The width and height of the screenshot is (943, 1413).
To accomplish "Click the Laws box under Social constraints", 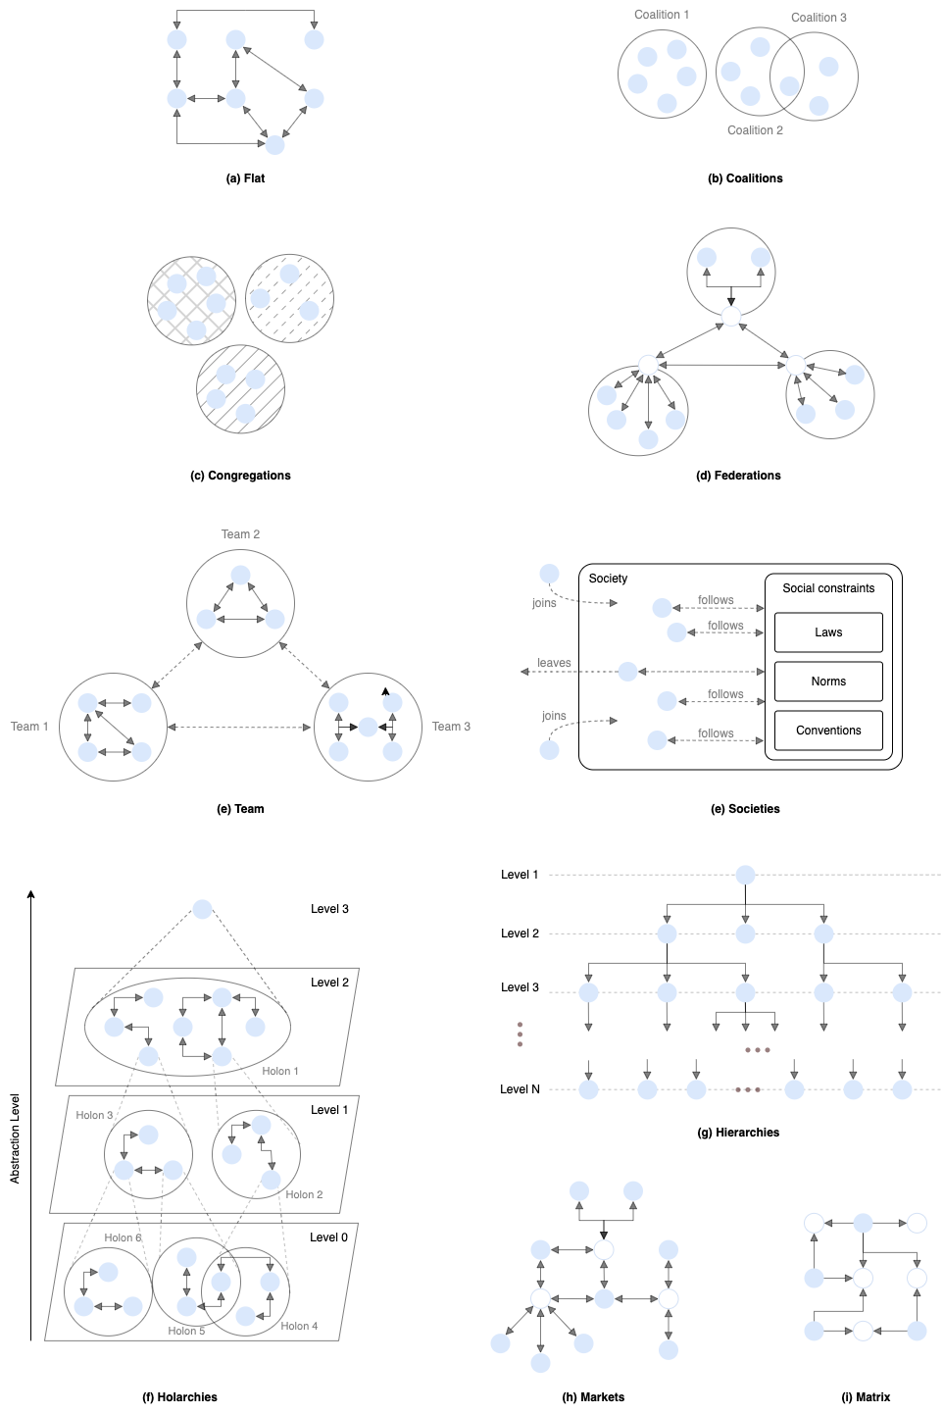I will pyautogui.click(x=828, y=632).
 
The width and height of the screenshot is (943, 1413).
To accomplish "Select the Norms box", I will pyautogui.click(x=828, y=681).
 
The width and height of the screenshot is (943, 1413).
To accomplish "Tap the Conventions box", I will pyautogui.click(x=828, y=731).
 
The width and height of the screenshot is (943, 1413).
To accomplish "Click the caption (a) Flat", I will pyautogui.click(x=245, y=178).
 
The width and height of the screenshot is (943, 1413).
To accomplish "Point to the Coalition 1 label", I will pyautogui.click(x=662, y=15).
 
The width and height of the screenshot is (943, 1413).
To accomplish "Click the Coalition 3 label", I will pyautogui.click(x=819, y=18).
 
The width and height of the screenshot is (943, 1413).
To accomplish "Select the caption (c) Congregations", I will pyautogui.click(x=240, y=476).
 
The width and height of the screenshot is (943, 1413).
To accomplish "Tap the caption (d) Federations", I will pyautogui.click(x=738, y=476).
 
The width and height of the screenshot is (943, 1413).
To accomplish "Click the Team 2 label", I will pyautogui.click(x=240, y=534).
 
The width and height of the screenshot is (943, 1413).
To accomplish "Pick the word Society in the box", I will pyautogui.click(x=608, y=579).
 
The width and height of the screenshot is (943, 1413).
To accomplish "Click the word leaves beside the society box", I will pyautogui.click(x=554, y=663).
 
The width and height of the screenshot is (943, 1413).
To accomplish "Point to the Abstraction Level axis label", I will pyautogui.click(x=15, y=1138).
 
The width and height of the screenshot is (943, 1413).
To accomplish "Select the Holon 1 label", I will pyautogui.click(x=280, y=1071).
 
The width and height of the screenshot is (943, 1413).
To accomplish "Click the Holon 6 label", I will pyautogui.click(x=123, y=1237).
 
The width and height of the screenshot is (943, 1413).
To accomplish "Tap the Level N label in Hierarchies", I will pyautogui.click(x=520, y=1089).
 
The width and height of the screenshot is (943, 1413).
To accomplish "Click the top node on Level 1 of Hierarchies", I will pyautogui.click(x=745, y=875).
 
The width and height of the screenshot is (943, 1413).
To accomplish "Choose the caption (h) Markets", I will pyautogui.click(x=593, y=1397).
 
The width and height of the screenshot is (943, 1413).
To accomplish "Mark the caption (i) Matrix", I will pyautogui.click(x=866, y=1397).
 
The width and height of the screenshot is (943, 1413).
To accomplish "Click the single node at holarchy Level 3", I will pyautogui.click(x=202, y=909).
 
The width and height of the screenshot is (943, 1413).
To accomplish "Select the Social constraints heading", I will pyautogui.click(x=828, y=588).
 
